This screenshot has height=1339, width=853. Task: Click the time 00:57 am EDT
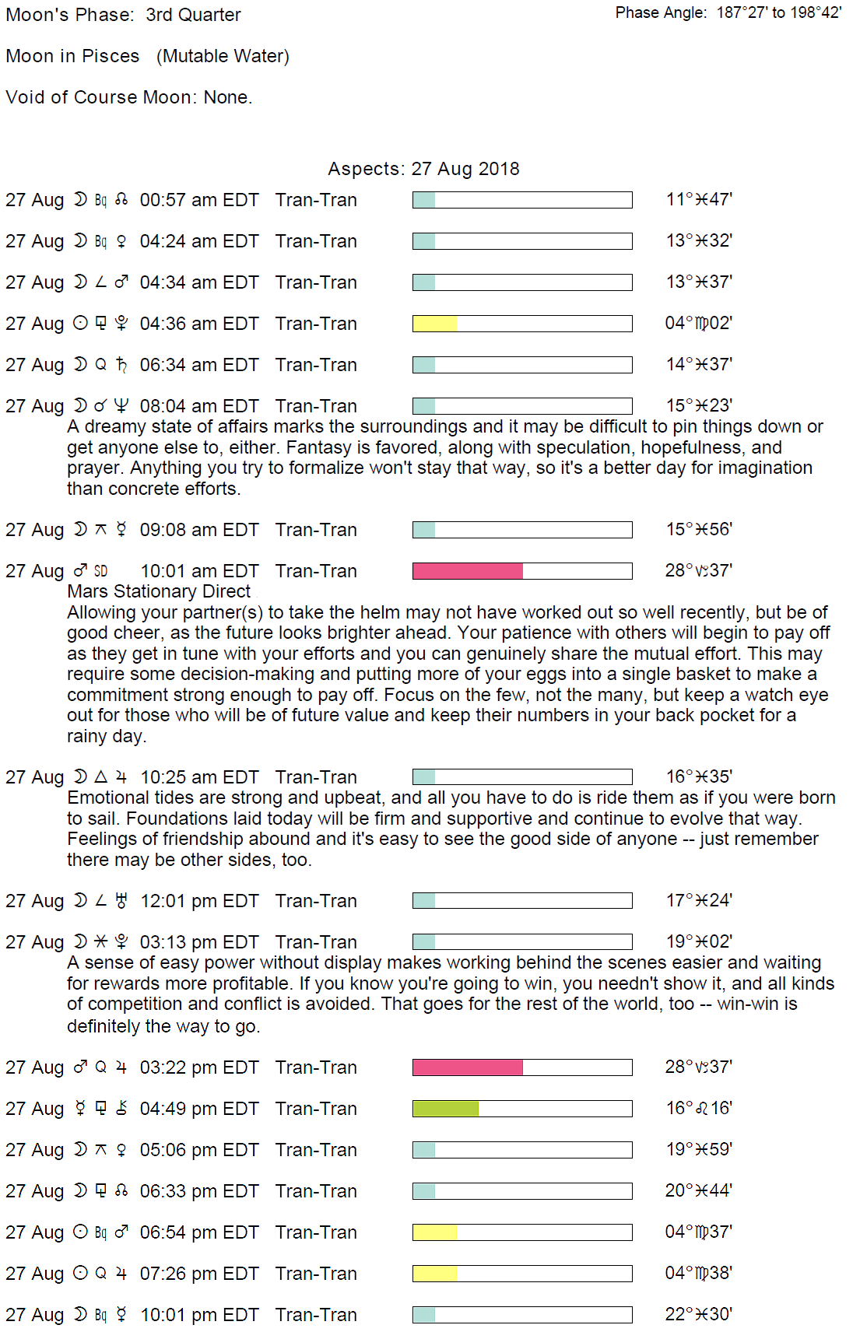[x=198, y=200]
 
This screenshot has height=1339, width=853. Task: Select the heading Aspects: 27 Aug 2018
[x=423, y=169]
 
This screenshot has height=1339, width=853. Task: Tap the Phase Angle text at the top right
[x=728, y=12]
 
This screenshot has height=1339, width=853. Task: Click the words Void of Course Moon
[x=99, y=97]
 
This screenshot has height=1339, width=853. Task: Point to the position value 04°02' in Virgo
[x=698, y=323]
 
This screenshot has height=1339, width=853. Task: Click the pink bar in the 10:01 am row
[x=467, y=571]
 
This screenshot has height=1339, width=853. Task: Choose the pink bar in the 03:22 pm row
[x=467, y=1067]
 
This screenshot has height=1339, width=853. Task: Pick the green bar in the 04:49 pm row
[x=445, y=1109]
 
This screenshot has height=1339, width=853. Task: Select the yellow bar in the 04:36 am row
[x=434, y=324]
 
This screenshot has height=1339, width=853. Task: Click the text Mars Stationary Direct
[x=159, y=591]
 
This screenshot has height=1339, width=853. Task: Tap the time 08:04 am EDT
[x=198, y=406]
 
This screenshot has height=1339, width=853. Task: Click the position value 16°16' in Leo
[x=698, y=1108]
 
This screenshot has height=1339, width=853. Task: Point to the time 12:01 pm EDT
[x=198, y=901]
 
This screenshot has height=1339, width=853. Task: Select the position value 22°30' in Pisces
[x=698, y=1314]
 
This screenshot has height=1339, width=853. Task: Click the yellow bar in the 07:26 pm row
[x=434, y=1274]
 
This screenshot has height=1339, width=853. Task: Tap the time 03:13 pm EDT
[x=198, y=942]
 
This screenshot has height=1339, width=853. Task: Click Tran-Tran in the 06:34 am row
[x=316, y=365]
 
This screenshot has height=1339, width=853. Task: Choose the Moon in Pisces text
[x=72, y=56]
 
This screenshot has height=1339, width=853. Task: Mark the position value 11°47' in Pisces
[x=698, y=199]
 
